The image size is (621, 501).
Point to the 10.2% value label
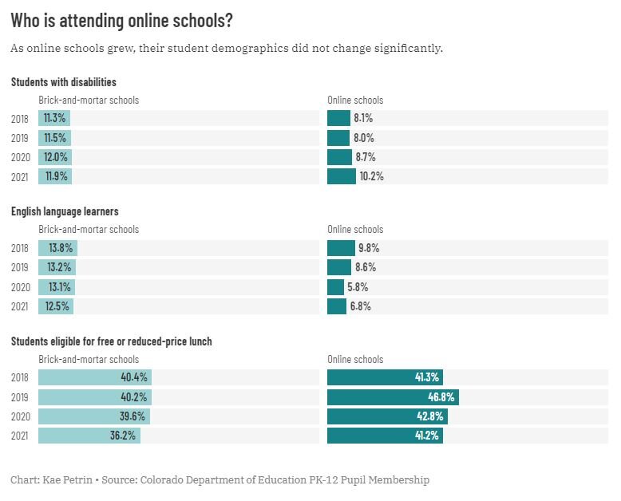pos(371,176)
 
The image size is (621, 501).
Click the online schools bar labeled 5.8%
pos(335,287)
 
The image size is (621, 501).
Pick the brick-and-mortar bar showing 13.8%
pos(57,248)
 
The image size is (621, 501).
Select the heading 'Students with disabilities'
pos(63,82)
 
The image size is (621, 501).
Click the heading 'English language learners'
pos(65,211)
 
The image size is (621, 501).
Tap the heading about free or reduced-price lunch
pos(111,341)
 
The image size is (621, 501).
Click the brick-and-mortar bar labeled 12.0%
pos(55,157)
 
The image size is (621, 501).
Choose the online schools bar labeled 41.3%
pos(385,378)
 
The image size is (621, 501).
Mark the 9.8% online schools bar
pos(341,248)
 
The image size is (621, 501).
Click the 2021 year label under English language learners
pos(20,306)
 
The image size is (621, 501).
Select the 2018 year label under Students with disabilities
pos(20,119)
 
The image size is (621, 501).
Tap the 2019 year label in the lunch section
pos(20,397)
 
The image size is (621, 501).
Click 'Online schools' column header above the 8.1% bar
pos(355,101)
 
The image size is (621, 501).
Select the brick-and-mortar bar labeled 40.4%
pos(94,378)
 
